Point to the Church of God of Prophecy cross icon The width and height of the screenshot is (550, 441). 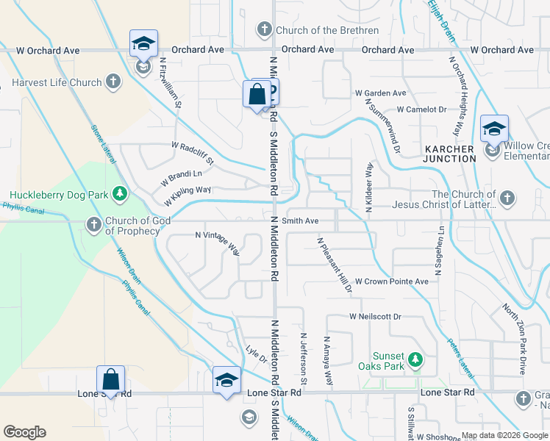[93, 224]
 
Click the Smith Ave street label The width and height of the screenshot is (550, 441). [300, 220]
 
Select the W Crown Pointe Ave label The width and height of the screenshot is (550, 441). [391, 282]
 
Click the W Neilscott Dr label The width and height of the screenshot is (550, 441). [375, 317]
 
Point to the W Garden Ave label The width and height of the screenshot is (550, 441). [380, 93]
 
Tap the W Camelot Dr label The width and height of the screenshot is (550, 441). [421, 109]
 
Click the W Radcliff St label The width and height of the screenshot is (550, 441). [192, 152]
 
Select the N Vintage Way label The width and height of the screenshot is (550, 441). [218, 243]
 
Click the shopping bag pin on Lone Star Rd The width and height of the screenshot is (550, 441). [110, 381]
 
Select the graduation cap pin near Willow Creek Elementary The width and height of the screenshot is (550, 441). [495, 129]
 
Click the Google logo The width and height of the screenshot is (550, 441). [25, 431]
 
